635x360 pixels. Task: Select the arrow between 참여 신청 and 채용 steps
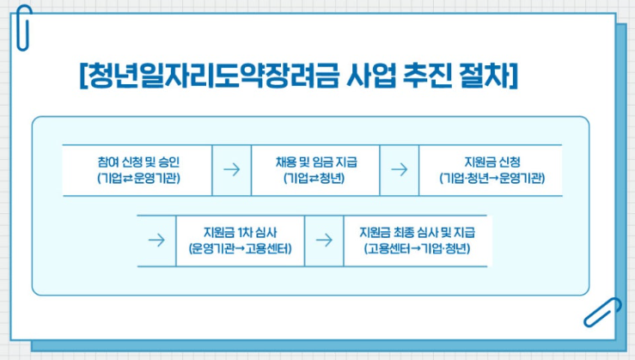(230, 169)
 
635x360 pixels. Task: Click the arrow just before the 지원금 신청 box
(399, 169)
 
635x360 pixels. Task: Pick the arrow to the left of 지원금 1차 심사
(156, 240)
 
